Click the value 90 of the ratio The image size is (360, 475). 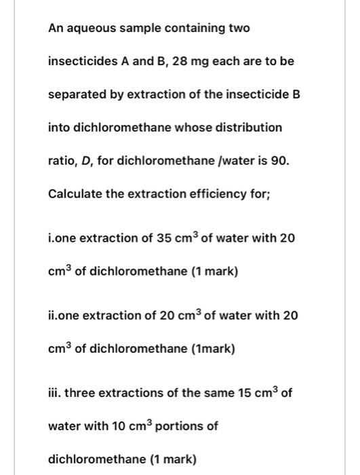tap(280, 161)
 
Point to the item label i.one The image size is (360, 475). tap(62, 239)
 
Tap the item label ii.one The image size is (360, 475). tap(64, 316)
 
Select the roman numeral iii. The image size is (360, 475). tap(54, 394)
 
